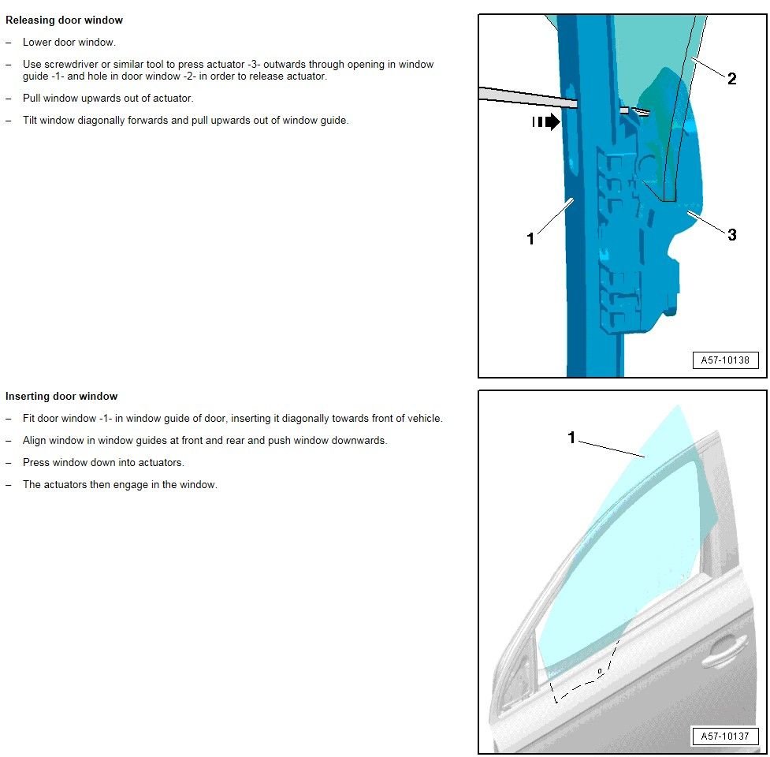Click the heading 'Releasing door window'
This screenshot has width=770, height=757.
[64, 20]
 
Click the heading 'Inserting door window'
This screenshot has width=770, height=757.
[61, 396]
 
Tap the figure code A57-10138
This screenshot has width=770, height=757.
[725, 360]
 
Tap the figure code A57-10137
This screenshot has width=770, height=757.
[725, 736]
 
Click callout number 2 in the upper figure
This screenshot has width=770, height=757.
[731, 78]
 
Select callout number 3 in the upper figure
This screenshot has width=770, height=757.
[731, 235]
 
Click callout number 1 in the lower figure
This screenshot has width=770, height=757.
[572, 438]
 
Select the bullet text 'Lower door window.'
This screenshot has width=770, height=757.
[69, 43]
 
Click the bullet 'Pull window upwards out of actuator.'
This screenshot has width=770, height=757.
[108, 99]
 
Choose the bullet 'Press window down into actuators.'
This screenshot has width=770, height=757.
[103, 463]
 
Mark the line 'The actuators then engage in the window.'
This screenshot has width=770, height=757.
[120, 485]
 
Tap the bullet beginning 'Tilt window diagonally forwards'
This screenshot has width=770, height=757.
[185, 121]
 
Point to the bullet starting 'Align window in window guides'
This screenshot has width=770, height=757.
[205, 441]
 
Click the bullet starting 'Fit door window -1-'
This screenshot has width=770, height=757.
[232, 419]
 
